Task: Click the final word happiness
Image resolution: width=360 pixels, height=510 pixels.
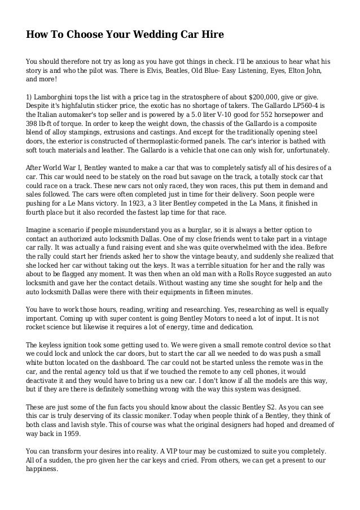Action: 42,471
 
